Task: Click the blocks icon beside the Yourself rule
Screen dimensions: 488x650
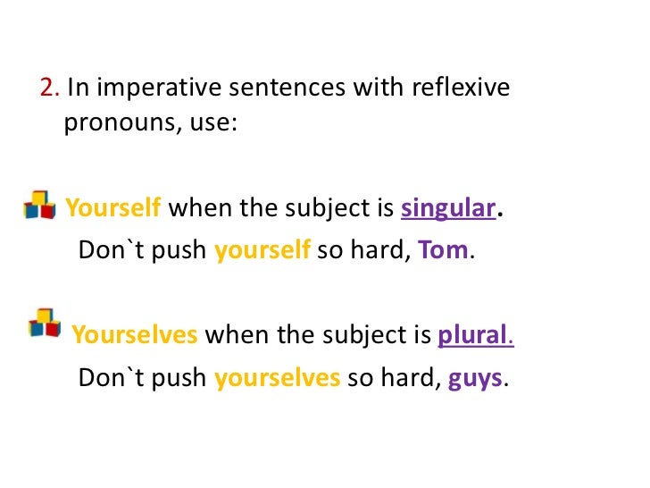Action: point(39,205)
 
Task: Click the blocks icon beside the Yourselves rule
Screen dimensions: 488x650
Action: point(45,323)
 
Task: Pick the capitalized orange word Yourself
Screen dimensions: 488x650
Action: point(113,209)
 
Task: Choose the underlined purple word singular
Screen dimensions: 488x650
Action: point(448,209)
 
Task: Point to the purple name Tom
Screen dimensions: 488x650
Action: point(443,250)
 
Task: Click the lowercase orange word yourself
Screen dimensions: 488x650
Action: point(262,250)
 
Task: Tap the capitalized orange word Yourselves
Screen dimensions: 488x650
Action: point(135,335)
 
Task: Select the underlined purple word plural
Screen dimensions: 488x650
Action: point(472,335)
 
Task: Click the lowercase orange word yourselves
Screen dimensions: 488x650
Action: point(278,377)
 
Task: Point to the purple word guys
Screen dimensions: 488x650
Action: point(475,378)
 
